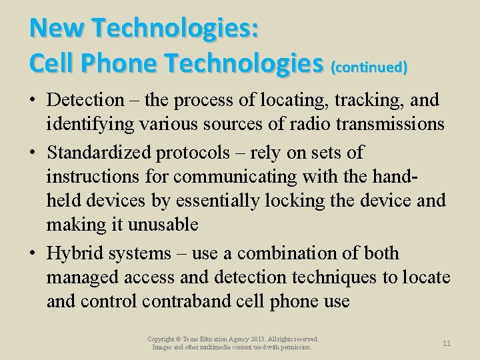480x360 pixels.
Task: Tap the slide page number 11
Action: tap(447, 343)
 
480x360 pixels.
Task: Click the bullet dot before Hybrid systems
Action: tap(33, 253)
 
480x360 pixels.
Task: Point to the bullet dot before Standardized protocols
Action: tap(33, 152)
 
